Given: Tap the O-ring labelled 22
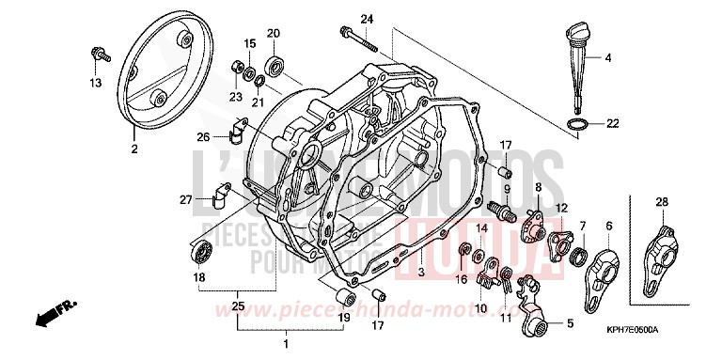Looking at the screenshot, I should tap(583, 123).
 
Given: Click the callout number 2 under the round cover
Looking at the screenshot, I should tap(134, 149).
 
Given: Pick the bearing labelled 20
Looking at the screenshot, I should tap(275, 65).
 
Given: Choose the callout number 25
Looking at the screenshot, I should tap(237, 306).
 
